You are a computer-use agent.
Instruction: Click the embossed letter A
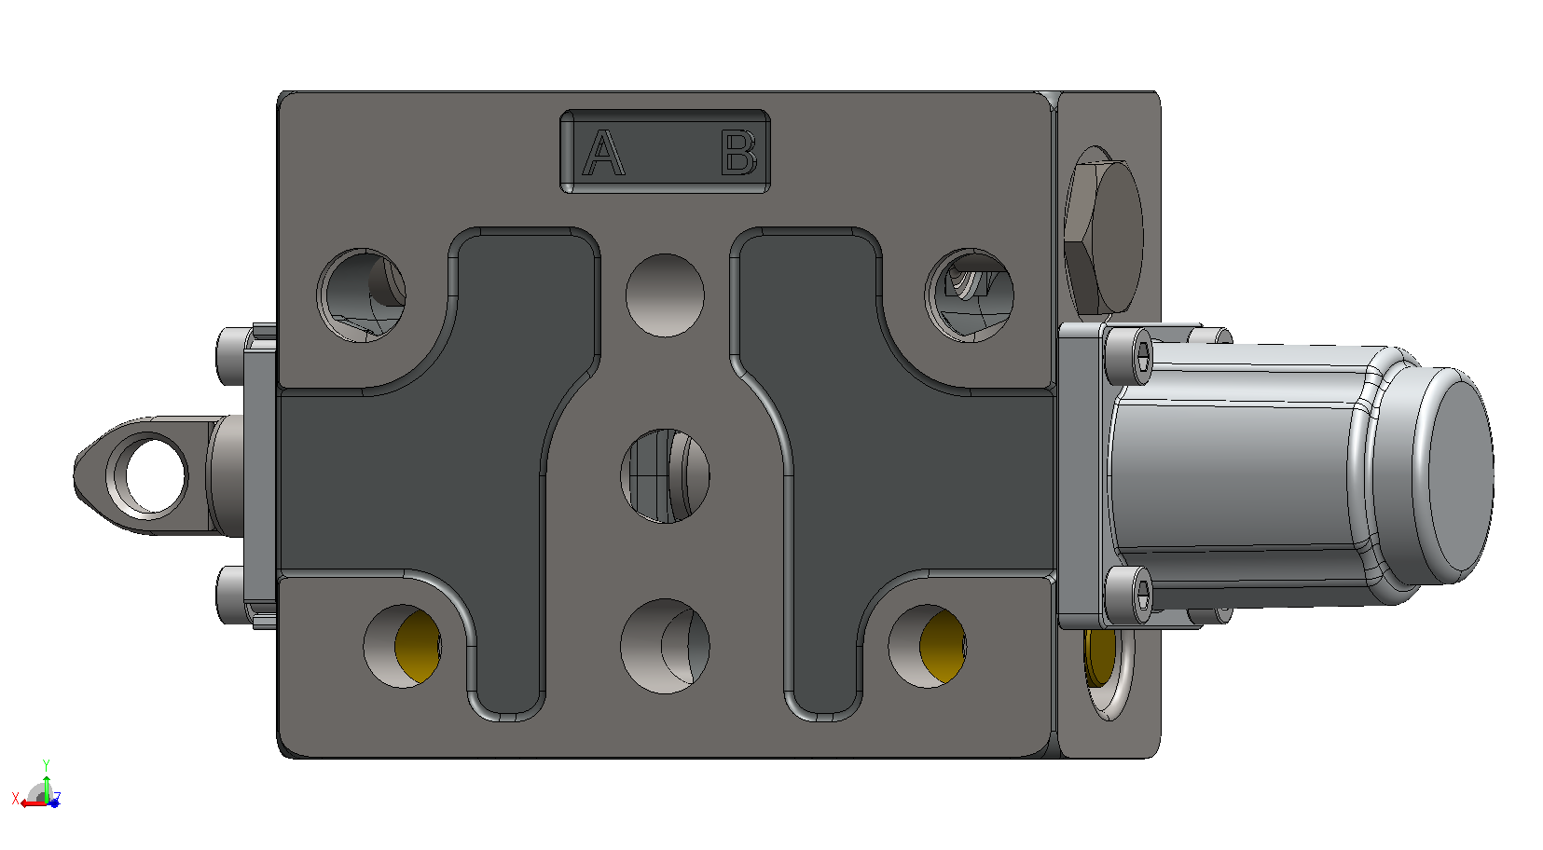tap(603, 152)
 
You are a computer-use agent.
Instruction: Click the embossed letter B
tap(738, 152)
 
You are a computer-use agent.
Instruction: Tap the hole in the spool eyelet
tap(156, 475)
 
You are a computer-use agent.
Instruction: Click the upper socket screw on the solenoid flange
tap(1128, 356)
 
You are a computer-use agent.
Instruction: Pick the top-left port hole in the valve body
tap(362, 295)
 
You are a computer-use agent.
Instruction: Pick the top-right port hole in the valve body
tap(970, 295)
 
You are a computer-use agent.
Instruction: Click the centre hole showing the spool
tap(666, 476)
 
